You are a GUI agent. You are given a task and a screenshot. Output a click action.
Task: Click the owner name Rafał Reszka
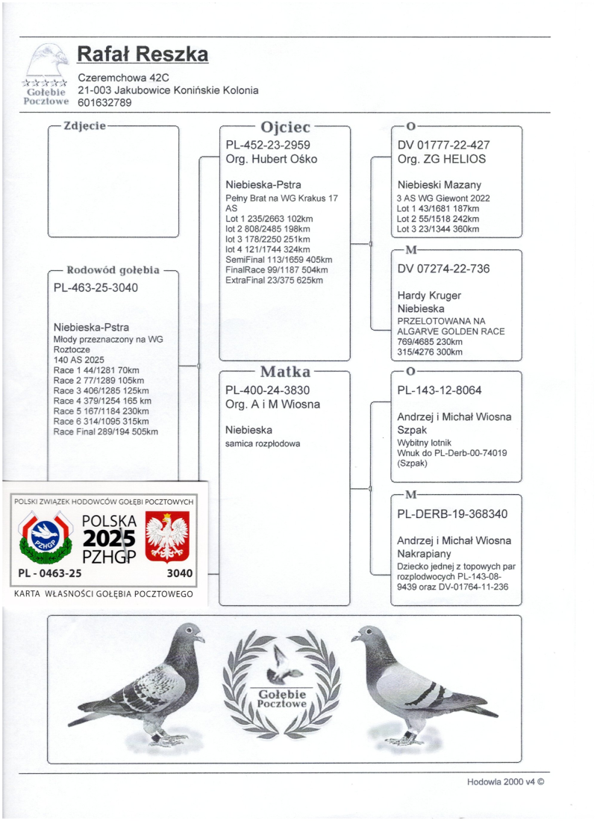pos(143,54)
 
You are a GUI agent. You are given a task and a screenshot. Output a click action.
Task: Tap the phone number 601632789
pos(105,103)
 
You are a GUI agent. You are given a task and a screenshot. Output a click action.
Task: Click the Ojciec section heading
pos(284,127)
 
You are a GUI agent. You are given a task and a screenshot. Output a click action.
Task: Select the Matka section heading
pos(284,371)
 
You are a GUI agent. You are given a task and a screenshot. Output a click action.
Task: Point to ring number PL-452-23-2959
pos(268,145)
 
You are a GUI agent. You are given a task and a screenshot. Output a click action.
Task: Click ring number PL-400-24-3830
pos(268,390)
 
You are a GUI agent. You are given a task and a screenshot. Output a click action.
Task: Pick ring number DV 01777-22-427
pos(443,145)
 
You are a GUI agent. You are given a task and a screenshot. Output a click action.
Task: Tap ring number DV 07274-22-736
pos(443,269)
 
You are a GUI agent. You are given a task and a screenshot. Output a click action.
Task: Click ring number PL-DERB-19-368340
pos(453,513)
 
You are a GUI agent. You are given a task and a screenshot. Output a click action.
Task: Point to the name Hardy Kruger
pos(429,296)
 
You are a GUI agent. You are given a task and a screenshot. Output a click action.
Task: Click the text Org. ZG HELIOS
pos(442,159)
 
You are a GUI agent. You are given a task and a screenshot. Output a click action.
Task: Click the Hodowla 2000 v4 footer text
pos(506,782)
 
